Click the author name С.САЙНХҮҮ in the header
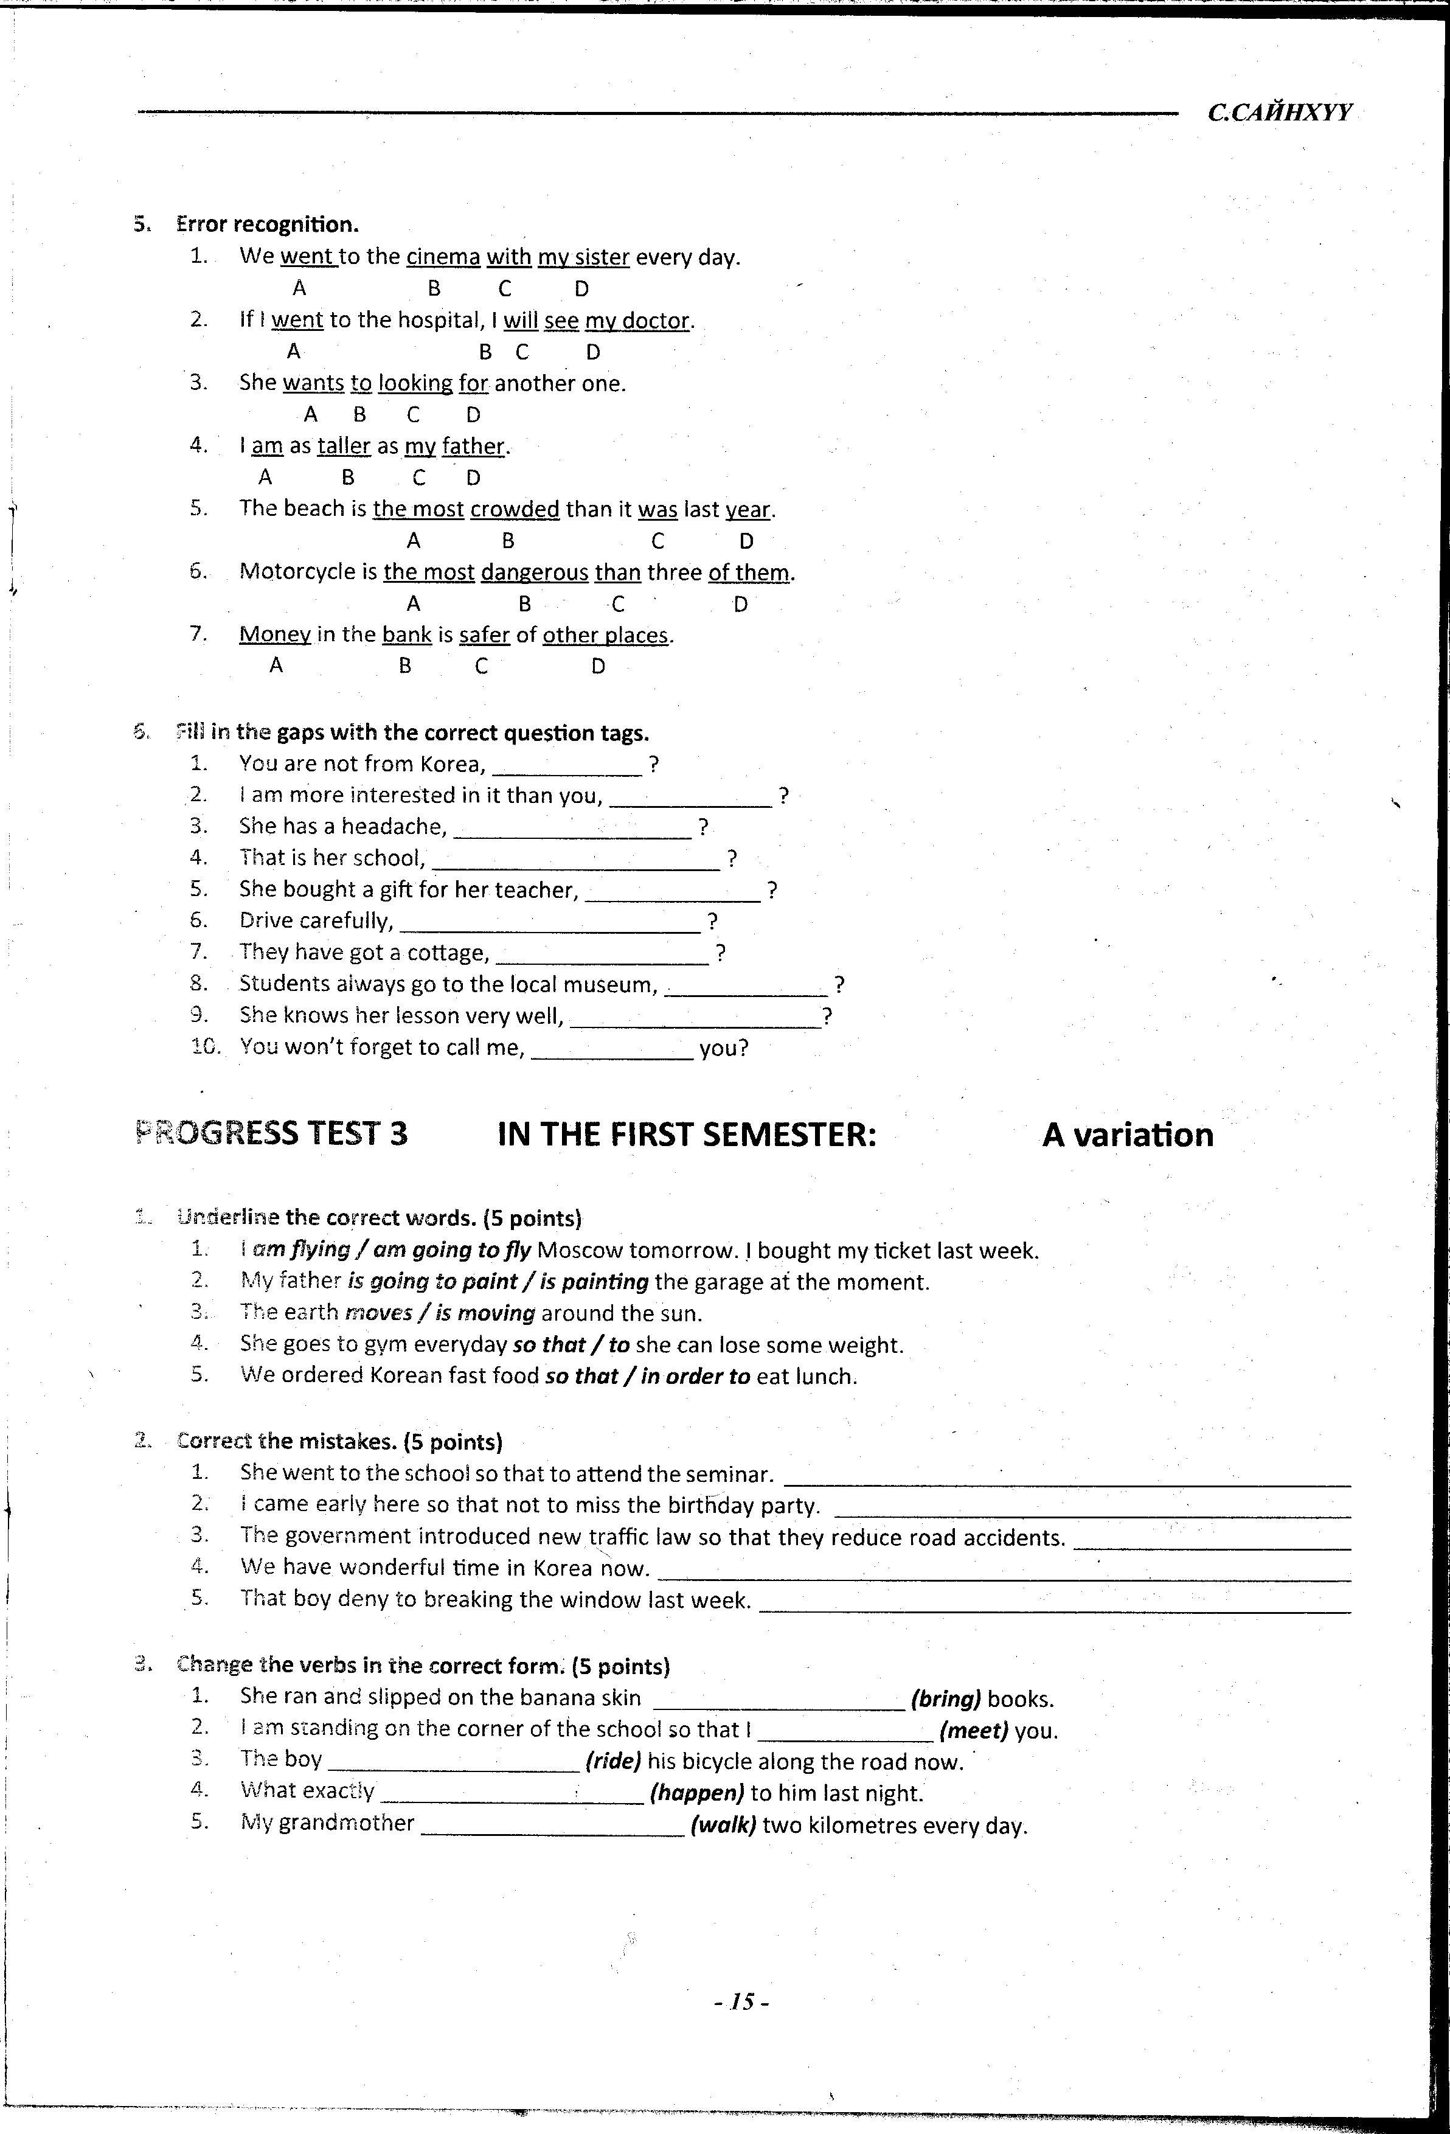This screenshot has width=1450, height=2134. (x=1279, y=113)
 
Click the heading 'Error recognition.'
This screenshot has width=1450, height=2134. (x=267, y=224)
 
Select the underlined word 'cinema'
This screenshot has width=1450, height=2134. (x=443, y=257)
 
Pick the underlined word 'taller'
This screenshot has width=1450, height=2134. (x=344, y=447)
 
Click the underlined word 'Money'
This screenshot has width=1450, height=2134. (x=274, y=634)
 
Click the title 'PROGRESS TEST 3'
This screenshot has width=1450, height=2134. (x=271, y=1134)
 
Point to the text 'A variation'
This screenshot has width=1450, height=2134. (x=1127, y=1135)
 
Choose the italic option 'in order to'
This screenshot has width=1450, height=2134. (x=696, y=1377)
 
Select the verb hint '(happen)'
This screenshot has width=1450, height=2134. (x=696, y=1793)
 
